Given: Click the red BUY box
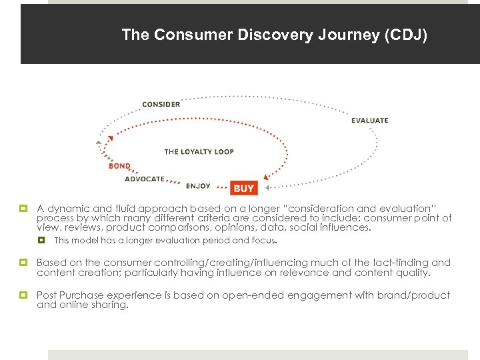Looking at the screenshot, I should [244, 189].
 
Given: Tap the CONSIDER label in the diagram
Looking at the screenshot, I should [161, 104].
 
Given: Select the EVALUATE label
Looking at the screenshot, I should [369, 121].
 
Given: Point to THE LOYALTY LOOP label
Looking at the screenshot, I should [199, 152].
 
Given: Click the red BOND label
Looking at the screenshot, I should [119, 166].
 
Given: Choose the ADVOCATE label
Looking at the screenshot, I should [144, 179].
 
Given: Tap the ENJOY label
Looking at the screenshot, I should [198, 186].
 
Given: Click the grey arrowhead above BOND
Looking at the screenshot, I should [99, 142].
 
